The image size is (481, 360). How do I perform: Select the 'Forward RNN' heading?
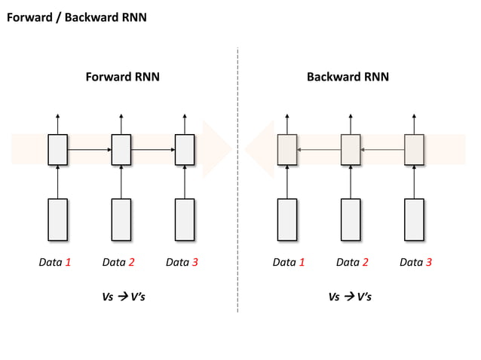click(x=122, y=77)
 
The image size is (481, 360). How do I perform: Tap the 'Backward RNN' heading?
click(x=348, y=77)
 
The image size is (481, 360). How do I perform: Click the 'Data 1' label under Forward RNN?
click(x=55, y=263)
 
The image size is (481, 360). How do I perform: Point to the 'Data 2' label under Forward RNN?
click(x=118, y=263)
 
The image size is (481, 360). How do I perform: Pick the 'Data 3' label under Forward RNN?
click(x=182, y=263)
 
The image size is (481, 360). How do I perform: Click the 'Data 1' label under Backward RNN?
click(x=289, y=263)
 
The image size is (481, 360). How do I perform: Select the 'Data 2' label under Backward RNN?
click(x=352, y=263)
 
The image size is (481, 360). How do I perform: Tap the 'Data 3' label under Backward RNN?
click(x=415, y=263)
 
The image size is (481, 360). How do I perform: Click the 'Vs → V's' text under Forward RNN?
click(x=123, y=297)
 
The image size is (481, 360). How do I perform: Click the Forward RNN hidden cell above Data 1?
click(x=58, y=149)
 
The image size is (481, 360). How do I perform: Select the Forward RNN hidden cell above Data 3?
click(x=185, y=149)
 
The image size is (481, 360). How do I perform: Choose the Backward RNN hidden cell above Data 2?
click(x=351, y=149)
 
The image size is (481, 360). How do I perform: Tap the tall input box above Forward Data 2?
click(x=121, y=220)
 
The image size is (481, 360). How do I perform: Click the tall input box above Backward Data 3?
click(x=414, y=220)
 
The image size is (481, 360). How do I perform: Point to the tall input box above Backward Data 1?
click(x=287, y=220)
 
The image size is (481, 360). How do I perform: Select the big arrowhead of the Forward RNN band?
click(x=218, y=149)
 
